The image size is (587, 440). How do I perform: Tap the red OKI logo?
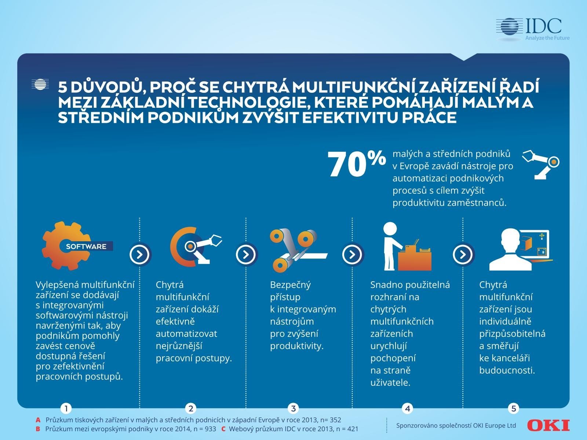548,425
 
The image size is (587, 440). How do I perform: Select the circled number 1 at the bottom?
66,408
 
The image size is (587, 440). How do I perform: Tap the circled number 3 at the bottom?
293,408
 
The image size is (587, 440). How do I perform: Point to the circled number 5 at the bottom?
513,408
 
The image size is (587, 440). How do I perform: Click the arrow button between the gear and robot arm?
140,254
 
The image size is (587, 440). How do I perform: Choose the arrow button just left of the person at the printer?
353,254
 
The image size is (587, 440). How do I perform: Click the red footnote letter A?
38,420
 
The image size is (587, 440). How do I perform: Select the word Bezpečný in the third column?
290,285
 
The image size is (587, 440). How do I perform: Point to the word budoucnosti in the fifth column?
507,370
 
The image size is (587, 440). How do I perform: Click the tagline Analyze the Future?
547,38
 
